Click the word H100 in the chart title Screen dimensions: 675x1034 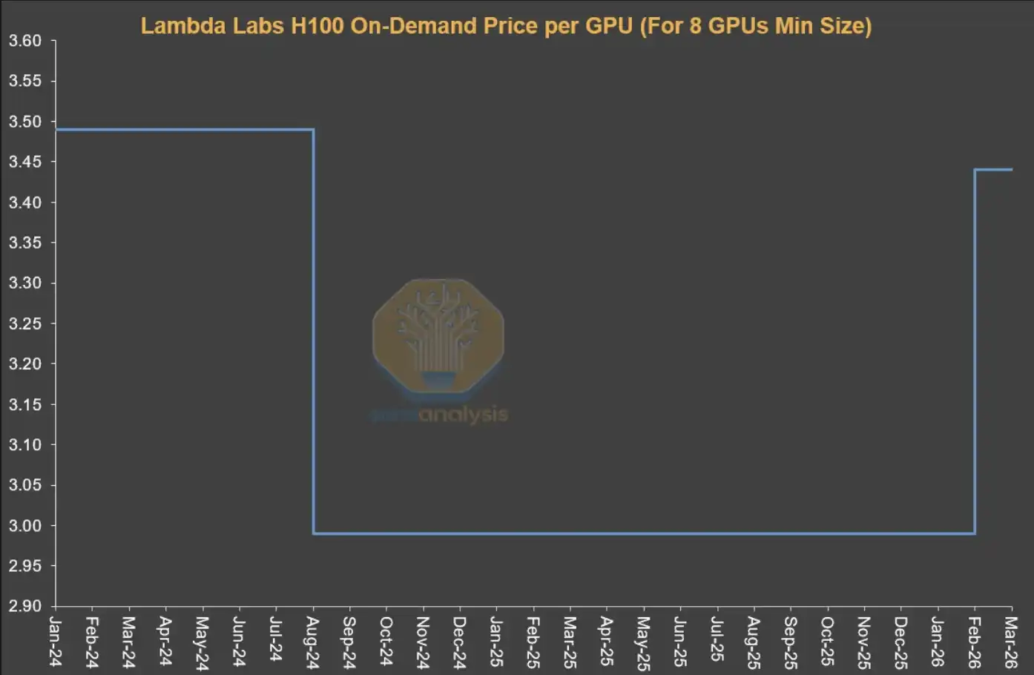pyautogui.click(x=317, y=26)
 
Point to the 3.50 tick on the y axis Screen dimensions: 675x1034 pyautogui.click(x=24, y=122)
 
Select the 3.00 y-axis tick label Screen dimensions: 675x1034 pyautogui.click(x=24, y=525)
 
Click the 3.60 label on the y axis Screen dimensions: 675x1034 pyautogui.click(x=24, y=41)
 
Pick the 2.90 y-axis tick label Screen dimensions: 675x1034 pyautogui.click(x=24, y=606)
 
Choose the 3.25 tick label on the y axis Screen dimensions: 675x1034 pyautogui.click(x=24, y=323)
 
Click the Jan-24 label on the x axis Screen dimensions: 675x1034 pyautogui.click(x=56, y=642)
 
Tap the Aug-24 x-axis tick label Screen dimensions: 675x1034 pyautogui.click(x=313, y=642)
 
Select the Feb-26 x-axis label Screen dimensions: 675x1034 pyautogui.click(x=974, y=642)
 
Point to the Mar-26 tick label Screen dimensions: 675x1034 pyautogui.click(x=1011, y=642)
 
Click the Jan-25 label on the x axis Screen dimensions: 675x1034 pyautogui.click(x=496, y=642)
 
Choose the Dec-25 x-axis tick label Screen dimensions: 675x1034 pyautogui.click(x=900, y=642)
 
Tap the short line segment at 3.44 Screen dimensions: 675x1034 pyautogui.click(x=993, y=170)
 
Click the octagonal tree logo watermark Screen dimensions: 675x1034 pyautogui.click(x=438, y=335)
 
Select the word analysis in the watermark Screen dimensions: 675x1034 pyautogui.click(x=464, y=415)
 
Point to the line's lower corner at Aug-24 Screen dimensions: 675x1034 pyautogui.click(x=314, y=533)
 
